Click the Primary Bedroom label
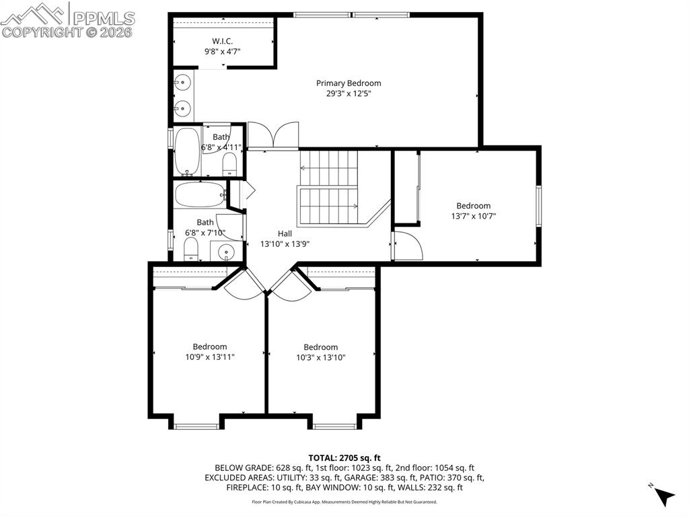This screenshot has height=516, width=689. click(349, 83)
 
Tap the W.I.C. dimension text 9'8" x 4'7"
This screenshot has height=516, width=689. click(222, 51)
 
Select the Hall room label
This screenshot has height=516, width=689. click(285, 234)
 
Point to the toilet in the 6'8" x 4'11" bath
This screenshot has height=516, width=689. click(229, 164)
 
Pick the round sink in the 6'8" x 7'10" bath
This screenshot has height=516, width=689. click(226, 252)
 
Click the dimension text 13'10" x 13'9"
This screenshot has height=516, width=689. click(285, 244)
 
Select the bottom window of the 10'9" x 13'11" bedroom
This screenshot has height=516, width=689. click(196, 426)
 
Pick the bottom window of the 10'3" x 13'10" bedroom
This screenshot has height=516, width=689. click(334, 426)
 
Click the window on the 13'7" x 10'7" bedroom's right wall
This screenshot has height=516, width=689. click(538, 206)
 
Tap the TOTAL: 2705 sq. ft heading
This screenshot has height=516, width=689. click(344, 458)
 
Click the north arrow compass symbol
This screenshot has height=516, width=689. click(664, 495)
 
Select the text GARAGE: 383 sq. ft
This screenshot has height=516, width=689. click(382, 478)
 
